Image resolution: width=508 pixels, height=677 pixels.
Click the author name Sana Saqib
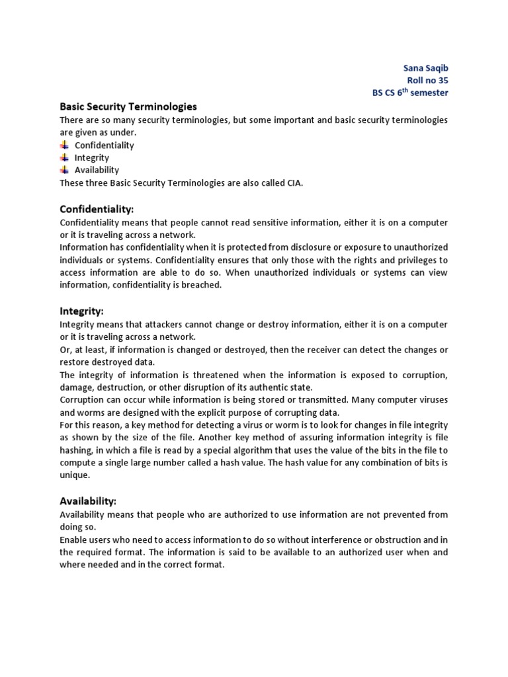click(x=425, y=67)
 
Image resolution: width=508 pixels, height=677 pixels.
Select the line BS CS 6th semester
click(x=410, y=93)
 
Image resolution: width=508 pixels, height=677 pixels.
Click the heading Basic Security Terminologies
click(x=128, y=106)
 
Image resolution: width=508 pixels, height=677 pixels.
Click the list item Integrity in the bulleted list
click(x=92, y=158)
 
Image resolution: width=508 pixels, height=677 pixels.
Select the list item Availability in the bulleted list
click(x=97, y=170)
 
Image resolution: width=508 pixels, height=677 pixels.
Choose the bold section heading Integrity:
click(x=82, y=310)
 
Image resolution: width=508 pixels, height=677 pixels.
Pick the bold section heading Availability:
click(x=88, y=501)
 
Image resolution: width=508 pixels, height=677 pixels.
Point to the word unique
click(x=73, y=475)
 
